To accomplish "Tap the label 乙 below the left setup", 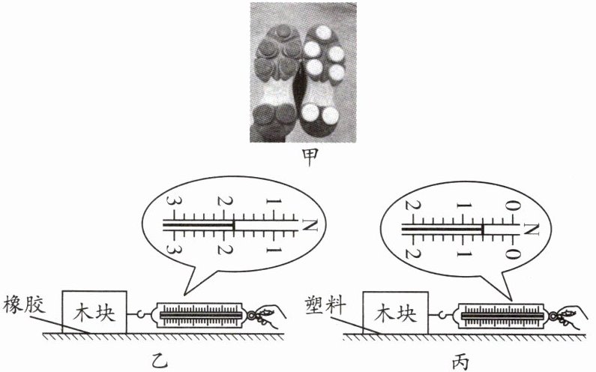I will (157, 361).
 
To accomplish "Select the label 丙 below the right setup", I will (459, 362).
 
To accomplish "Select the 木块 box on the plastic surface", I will (395, 312).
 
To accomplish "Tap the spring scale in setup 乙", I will (199, 316).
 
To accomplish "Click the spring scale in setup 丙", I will (502, 316).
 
